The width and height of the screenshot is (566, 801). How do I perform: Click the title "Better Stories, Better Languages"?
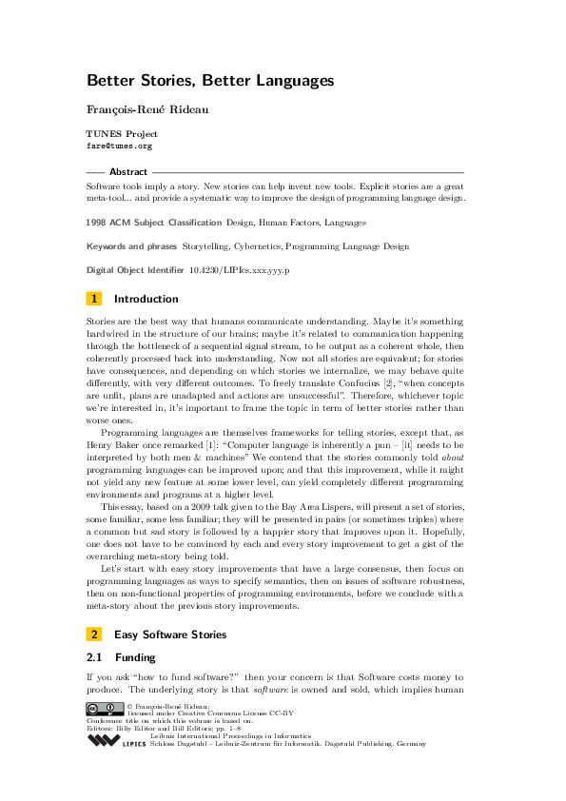click(x=210, y=81)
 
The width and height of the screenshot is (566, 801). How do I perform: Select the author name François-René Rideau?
click(x=146, y=109)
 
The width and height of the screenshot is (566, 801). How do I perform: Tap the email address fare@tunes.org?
click(x=119, y=147)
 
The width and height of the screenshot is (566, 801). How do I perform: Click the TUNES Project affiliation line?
click(x=122, y=134)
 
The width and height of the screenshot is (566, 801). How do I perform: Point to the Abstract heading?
click(x=128, y=172)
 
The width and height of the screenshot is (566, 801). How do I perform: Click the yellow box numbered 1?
click(x=93, y=299)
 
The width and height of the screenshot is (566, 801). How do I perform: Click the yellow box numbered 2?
click(x=93, y=634)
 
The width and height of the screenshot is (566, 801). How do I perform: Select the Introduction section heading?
click(x=146, y=299)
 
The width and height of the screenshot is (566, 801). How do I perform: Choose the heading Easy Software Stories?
click(x=169, y=634)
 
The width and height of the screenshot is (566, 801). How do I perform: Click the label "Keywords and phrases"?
click(x=138, y=246)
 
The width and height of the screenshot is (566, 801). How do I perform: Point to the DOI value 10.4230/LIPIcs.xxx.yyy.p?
click(x=240, y=270)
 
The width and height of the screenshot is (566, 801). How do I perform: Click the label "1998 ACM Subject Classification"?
click(x=154, y=223)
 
